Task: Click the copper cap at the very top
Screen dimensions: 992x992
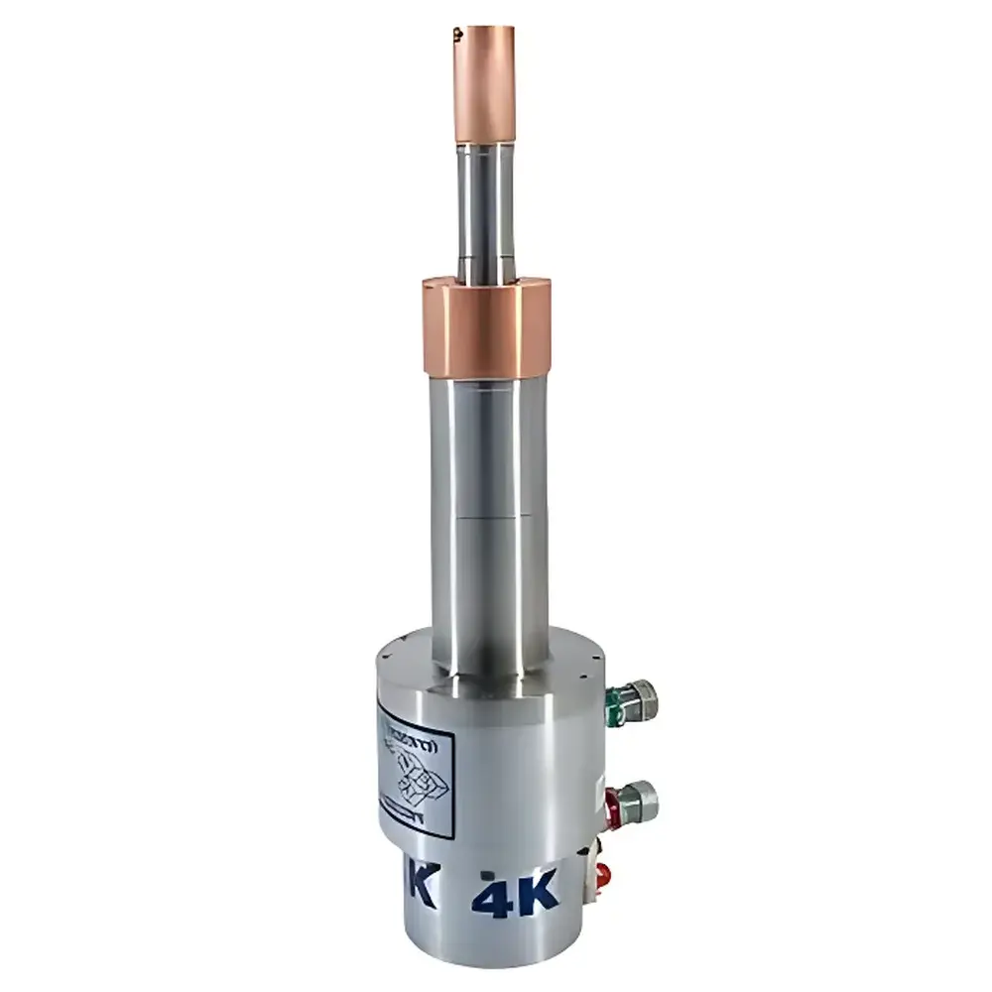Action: (x=486, y=84)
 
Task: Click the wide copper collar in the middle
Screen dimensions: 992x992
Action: (x=485, y=327)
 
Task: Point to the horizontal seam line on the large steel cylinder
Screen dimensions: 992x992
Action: (x=491, y=517)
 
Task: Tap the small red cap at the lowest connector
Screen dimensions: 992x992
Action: (x=601, y=875)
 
